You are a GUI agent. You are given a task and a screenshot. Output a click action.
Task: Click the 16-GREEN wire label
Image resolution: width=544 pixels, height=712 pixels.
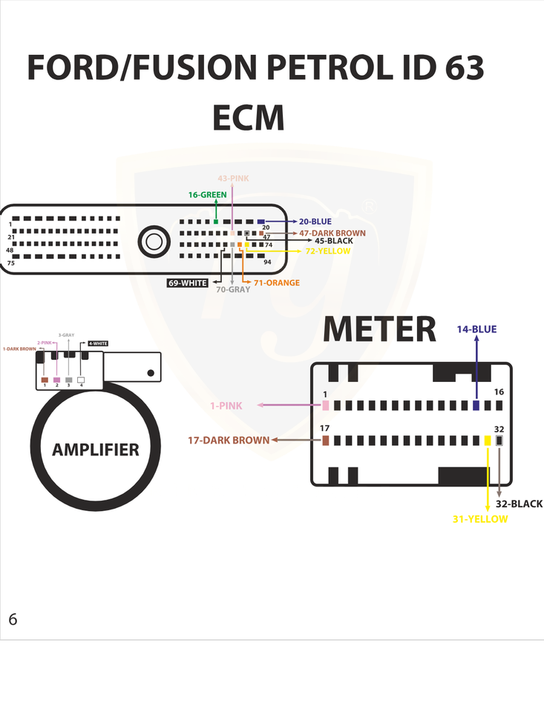pos(207,195)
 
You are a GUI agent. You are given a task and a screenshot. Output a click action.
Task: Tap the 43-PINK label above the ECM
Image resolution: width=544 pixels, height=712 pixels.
pos(233,179)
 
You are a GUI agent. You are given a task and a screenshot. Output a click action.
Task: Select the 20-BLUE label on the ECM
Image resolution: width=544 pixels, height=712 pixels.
pos(315,221)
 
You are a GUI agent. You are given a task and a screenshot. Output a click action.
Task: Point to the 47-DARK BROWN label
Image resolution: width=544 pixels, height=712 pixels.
pos(332,233)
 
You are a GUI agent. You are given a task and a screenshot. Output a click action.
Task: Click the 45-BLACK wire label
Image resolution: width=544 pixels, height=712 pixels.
pos(334,241)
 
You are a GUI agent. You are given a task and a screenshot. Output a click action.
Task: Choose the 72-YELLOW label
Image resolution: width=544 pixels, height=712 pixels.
pos(328,251)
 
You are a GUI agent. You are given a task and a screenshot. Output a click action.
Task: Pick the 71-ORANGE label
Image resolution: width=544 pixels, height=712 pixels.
pos(277,283)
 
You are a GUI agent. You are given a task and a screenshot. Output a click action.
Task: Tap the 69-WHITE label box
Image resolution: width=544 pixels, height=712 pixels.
pos(188,283)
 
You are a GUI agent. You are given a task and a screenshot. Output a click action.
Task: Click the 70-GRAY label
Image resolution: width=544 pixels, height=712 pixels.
pos(233,290)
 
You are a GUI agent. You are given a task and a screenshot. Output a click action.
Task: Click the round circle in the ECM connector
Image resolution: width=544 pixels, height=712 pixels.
pos(154,241)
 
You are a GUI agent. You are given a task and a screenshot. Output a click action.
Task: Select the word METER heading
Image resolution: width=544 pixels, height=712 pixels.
pos(380,330)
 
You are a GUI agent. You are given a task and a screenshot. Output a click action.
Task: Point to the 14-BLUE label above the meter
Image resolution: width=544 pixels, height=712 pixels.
pos(476,329)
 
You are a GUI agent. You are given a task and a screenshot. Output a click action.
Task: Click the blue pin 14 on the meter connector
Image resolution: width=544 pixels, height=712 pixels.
pos(476,406)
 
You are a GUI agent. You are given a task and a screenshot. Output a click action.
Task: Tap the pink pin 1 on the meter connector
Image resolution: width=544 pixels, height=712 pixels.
pos(325,406)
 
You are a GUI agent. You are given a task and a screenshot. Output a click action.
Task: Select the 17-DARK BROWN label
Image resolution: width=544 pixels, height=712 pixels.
pos(229,441)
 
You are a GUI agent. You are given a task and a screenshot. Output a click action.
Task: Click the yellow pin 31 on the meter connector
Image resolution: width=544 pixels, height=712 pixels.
pos(488,441)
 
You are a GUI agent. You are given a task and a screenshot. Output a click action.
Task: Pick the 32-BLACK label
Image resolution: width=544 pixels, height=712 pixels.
pos(519,504)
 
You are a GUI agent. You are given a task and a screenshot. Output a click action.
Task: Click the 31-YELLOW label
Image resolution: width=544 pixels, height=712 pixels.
pos(480,519)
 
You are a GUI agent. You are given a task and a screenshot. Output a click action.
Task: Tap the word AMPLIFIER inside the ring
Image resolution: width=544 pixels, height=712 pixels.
pos(96,449)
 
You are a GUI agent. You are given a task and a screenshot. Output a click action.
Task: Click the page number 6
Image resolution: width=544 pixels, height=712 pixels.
pos(13,619)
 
